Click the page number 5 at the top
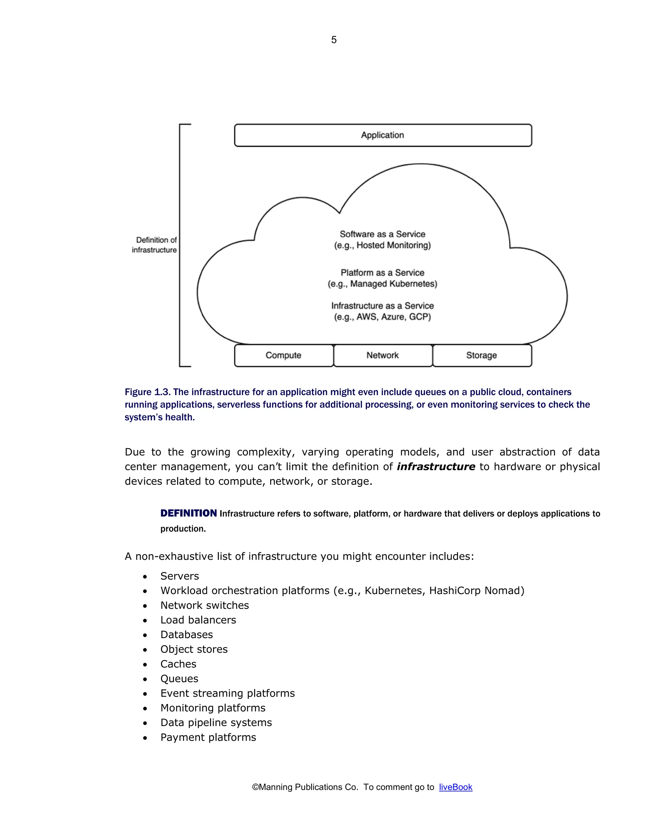click(x=334, y=39)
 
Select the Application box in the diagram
click(x=383, y=135)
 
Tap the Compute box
click(x=283, y=355)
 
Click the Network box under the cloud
click(x=383, y=355)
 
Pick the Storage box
click(x=481, y=355)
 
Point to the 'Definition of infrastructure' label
click(x=155, y=245)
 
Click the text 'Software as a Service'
click(x=383, y=234)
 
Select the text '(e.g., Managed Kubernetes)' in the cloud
click(x=383, y=284)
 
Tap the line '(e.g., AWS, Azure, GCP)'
click(x=383, y=317)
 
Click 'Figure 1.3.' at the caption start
click(x=147, y=392)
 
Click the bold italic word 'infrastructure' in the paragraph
click(x=436, y=466)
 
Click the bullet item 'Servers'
click(x=179, y=576)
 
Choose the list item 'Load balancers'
click(x=198, y=620)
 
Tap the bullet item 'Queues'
click(x=179, y=679)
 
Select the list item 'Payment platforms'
click(x=208, y=737)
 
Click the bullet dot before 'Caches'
click(x=145, y=665)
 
